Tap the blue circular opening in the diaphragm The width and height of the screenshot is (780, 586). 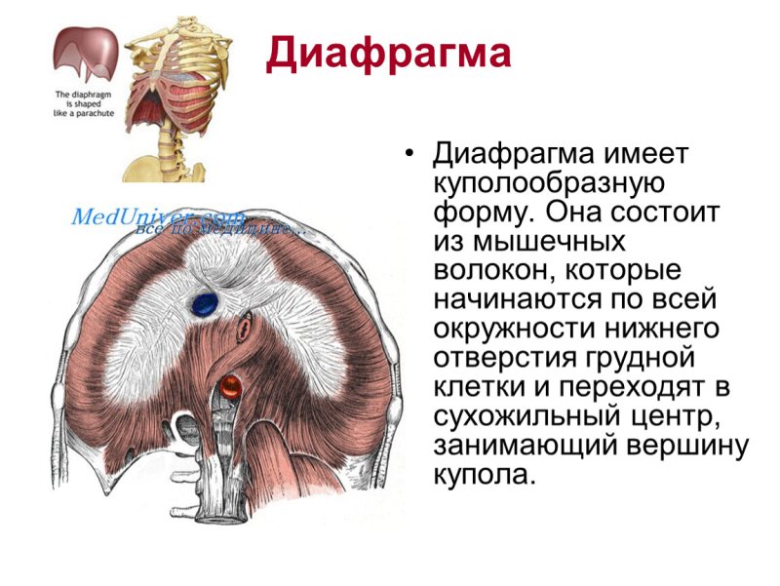pyautogui.click(x=204, y=303)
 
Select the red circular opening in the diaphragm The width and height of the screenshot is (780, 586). pyautogui.click(x=230, y=387)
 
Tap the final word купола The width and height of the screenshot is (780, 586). pyautogui.click(x=483, y=476)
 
